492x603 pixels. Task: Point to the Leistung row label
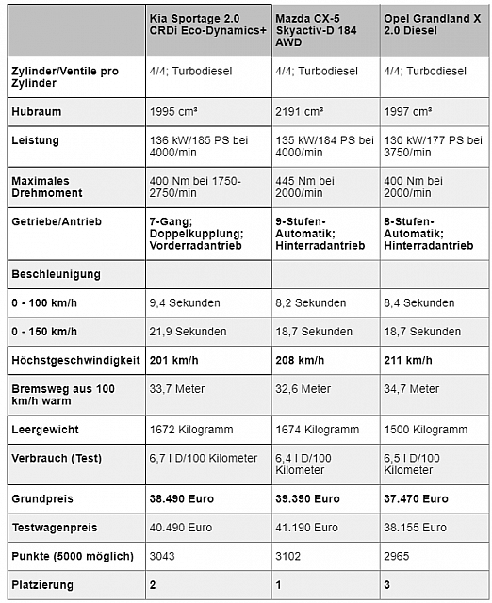coord(37,140)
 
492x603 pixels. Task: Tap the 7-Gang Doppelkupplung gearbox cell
coord(197,233)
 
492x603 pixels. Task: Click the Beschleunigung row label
coord(56,274)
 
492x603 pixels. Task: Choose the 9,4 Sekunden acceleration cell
coord(185,302)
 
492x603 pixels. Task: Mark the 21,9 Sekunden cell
coord(189,332)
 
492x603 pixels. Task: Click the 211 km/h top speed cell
coord(407,360)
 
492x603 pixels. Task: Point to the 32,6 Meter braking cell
coord(303,388)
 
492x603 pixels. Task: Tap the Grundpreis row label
coord(43,498)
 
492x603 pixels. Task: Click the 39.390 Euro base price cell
coord(307,498)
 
